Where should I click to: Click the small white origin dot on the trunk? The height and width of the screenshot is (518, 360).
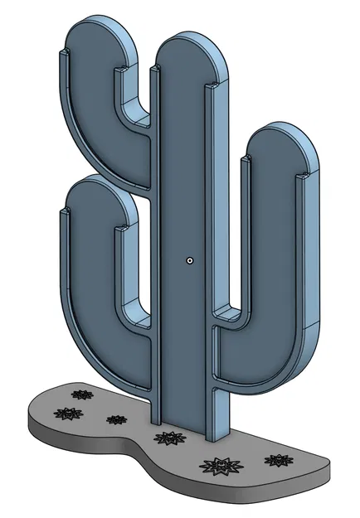pyautogui.click(x=190, y=259)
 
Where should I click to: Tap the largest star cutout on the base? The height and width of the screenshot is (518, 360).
pyautogui.click(x=221, y=466)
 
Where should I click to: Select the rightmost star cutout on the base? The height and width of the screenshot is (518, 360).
pyautogui.click(x=276, y=459)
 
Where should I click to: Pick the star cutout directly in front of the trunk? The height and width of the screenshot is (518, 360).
pyautogui.click(x=170, y=438)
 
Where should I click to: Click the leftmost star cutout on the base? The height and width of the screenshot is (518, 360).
pyautogui.click(x=68, y=413)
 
